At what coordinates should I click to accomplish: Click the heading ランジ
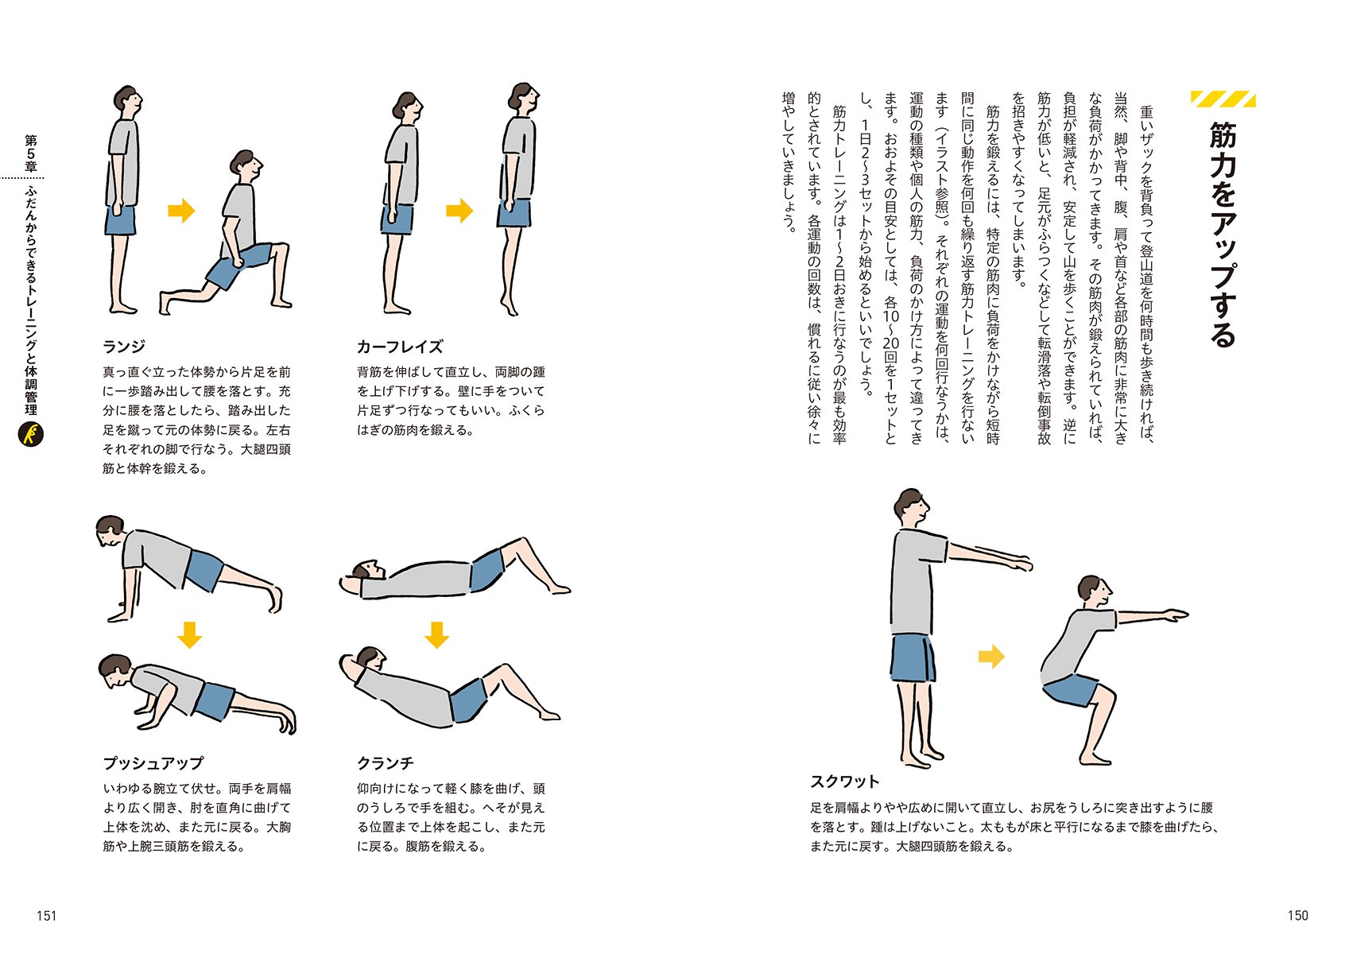(124, 347)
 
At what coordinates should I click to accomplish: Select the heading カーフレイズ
(400, 347)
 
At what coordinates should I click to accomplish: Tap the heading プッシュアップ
(153, 762)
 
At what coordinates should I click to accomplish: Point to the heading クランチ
(385, 762)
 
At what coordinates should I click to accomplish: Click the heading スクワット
(845, 781)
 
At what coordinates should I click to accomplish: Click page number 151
(47, 915)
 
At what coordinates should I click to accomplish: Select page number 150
(1297, 915)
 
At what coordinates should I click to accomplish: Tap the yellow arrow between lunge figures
(181, 211)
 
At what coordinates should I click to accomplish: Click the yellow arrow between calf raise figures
(459, 211)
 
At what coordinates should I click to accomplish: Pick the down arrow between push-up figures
(189, 634)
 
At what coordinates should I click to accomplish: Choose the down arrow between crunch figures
(436, 634)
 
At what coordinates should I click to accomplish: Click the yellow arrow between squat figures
(991, 656)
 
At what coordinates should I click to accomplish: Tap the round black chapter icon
(31, 434)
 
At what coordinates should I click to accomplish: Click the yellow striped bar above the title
(1223, 99)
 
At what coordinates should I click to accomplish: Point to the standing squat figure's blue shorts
(913, 658)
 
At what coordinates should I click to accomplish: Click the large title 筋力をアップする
(1223, 235)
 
